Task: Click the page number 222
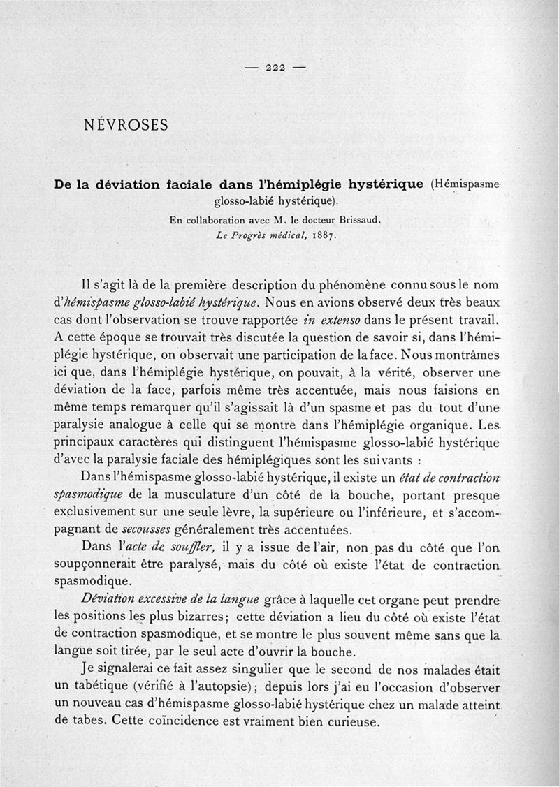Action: click(x=277, y=68)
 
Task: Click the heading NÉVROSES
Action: click(x=125, y=126)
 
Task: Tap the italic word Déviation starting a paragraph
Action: click(x=106, y=598)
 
